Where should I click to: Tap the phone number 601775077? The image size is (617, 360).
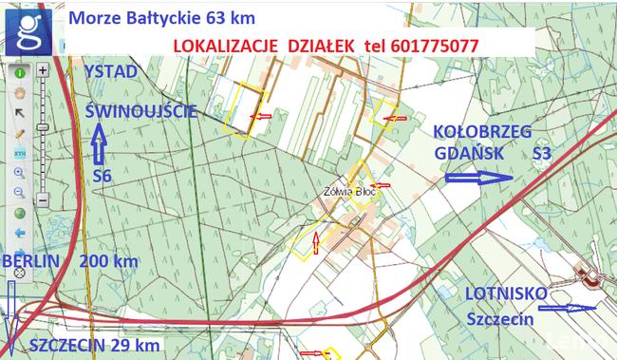pos(429,46)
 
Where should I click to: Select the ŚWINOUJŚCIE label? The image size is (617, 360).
pos(140,111)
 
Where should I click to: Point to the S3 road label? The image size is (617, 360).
pos(541,152)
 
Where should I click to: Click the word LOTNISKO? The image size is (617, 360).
pos(506,294)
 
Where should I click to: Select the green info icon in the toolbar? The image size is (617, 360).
pos(19,72)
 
